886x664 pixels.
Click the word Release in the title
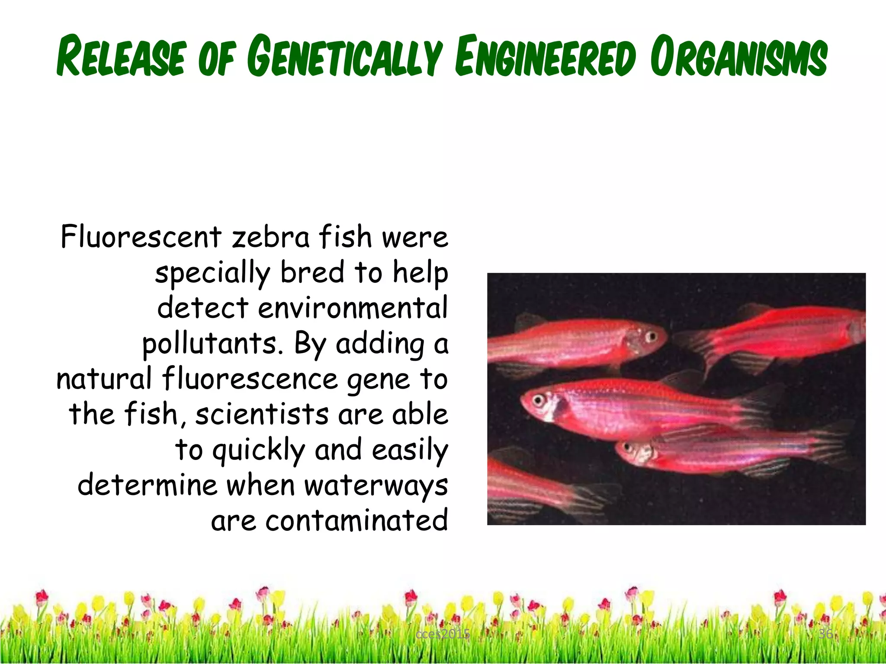tap(122, 57)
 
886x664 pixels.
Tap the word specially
tap(212, 273)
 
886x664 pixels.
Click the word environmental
tap(353, 308)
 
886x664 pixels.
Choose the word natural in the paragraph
tap(104, 379)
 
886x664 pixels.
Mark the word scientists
tap(262, 414)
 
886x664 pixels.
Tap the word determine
tap(147, 485)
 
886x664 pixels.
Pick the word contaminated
tap(356, 520)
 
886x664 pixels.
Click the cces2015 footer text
tap(443, 634)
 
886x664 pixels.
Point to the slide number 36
tap(825, 634)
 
